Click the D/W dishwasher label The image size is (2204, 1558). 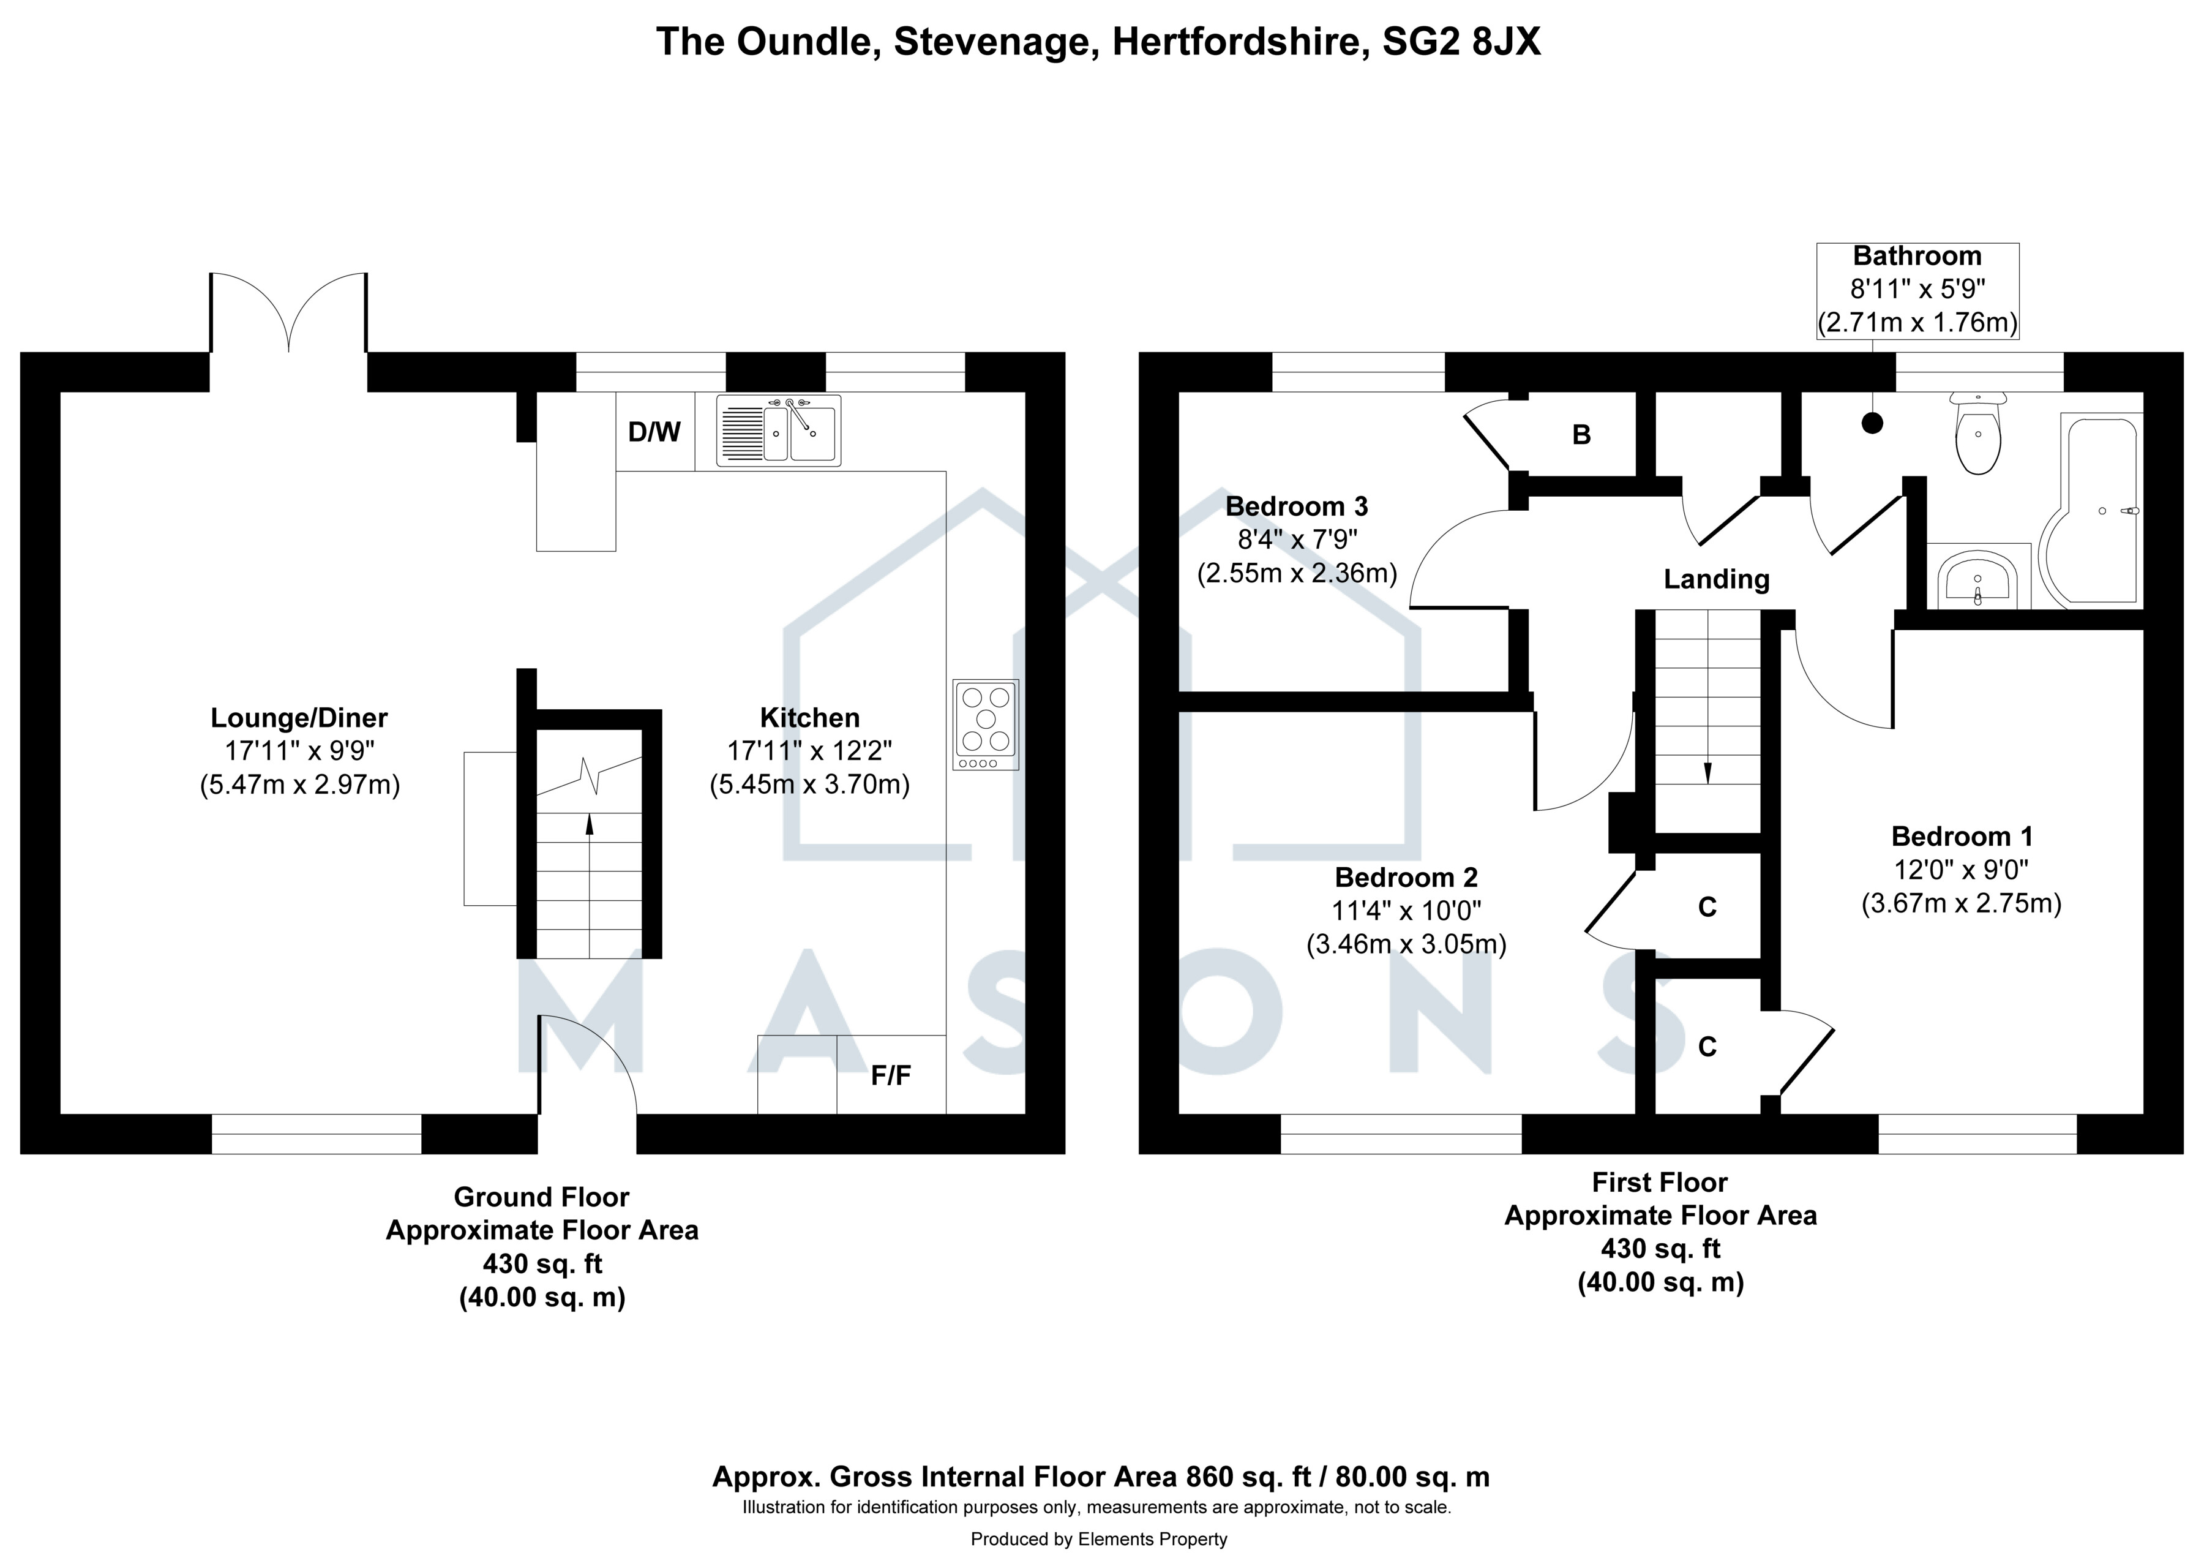pos(654,432)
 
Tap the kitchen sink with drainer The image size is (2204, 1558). pos(779,431)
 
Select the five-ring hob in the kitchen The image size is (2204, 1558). pos(986,724)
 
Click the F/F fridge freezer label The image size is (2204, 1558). pos(891,1076)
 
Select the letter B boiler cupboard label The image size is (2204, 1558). pos(1581,435)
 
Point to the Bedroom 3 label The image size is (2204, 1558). pos(1297,506)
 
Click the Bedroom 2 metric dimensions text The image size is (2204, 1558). pos(1406,944)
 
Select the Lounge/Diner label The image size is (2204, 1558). pos(299,717)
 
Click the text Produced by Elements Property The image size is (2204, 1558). pos(1099,1540)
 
